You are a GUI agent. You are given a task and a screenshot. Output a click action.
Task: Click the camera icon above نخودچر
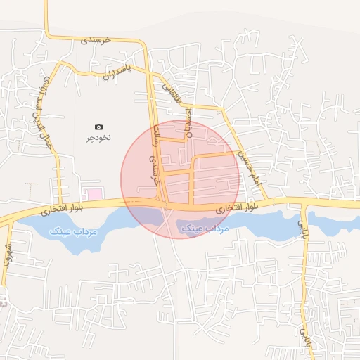click(98, 127)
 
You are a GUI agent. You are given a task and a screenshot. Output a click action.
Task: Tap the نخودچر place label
click(99, 137)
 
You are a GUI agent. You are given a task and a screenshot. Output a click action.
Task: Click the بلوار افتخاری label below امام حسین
click(236, 208)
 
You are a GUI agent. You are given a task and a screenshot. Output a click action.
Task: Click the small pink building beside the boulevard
click(93, 193)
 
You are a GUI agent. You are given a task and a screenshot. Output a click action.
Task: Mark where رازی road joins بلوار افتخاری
click(302, 205)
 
